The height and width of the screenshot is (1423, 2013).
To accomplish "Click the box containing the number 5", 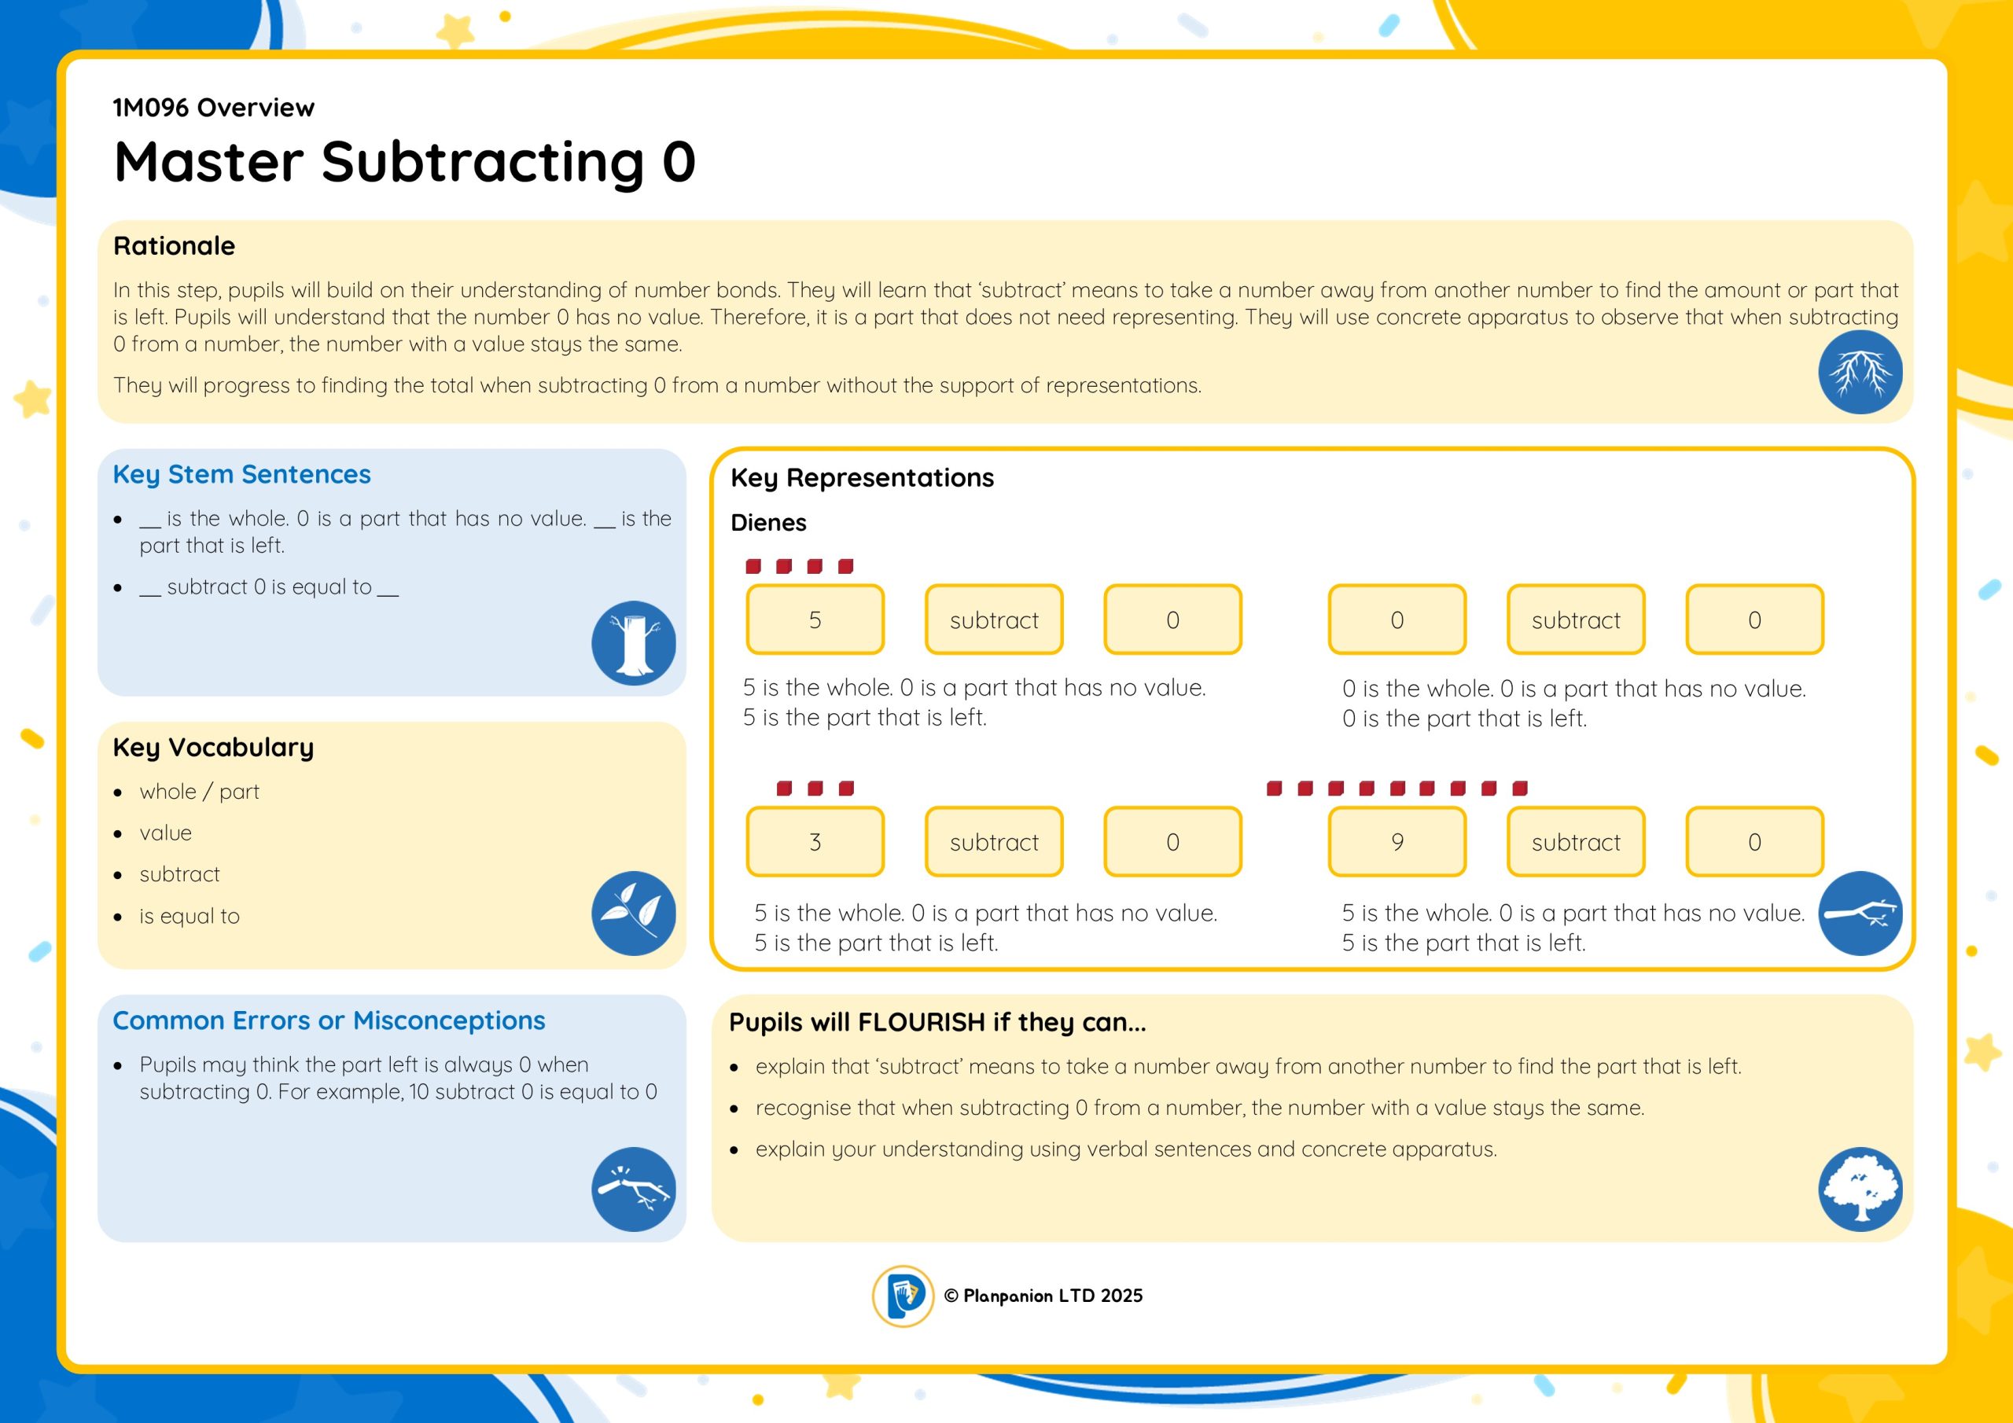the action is (x=815, y=619).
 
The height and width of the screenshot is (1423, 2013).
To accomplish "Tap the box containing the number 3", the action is (x=815, y=842).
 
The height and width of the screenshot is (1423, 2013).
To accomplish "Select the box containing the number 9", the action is (x=1397, y=842).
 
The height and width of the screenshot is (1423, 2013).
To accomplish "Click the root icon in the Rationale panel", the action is (x=1860, y=372).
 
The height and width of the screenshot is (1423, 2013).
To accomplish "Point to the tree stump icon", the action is (x=633, y=642).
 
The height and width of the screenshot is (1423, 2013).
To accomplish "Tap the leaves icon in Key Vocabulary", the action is (x=633, y=913).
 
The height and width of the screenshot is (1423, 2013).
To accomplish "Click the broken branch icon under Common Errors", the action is (x=633, y=1189).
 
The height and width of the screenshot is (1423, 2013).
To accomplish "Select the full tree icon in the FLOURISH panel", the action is (x=1860, y=1189).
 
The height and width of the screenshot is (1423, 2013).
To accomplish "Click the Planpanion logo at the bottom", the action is (x=903, y=1296).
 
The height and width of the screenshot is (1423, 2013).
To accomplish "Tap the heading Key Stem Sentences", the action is (x=242, y=474).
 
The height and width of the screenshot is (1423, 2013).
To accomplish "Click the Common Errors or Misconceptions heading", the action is (x=329, y=1020).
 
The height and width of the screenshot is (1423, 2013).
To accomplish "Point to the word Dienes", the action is (x=768, y=523).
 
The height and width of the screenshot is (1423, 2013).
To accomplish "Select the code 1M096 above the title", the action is (x=151, y=107).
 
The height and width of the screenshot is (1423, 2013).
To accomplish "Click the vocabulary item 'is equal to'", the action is (x=190, y=916).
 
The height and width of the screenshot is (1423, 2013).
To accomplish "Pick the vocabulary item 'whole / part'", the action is (x=199, y=792).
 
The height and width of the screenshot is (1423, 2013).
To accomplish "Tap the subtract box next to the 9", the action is (x=1576, y=842).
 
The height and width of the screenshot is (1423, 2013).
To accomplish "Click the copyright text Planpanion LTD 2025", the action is (x=1043, y=1296).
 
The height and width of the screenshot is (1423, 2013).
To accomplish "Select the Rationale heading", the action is (x=175, y=245).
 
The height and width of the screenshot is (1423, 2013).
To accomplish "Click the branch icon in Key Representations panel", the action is (x=1860, y=913).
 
